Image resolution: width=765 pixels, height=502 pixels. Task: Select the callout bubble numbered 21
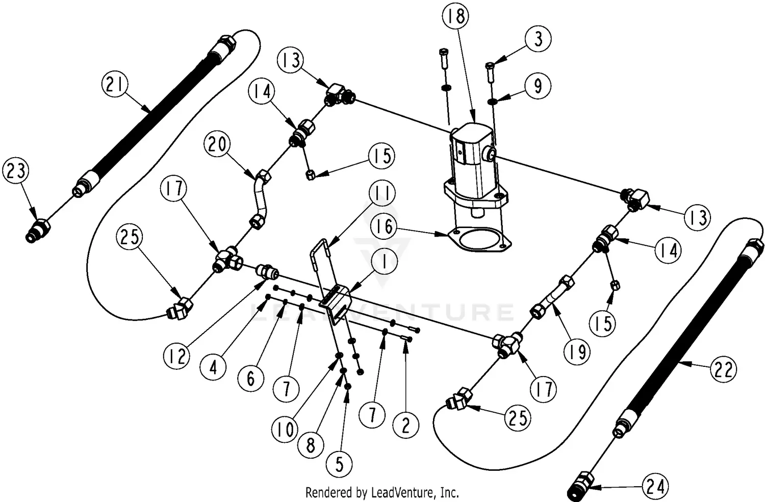(115, 84)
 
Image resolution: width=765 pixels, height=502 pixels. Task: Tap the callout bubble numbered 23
(16, 171)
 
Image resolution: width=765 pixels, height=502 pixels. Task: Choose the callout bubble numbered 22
(723, 369)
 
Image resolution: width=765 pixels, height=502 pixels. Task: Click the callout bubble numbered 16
(385, 227)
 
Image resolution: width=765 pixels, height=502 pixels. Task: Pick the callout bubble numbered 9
(538, 86)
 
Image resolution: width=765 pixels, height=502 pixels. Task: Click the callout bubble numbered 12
(177, 356)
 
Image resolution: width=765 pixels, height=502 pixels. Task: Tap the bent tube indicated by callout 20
(261, 196)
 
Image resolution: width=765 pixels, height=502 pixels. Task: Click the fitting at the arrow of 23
(38, 229)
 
